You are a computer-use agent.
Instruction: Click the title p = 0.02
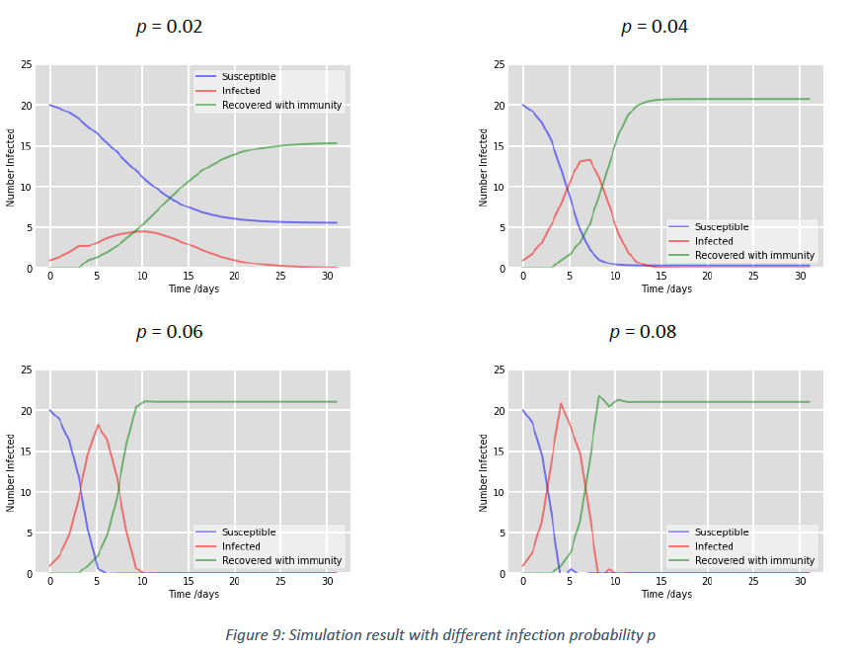tap(169, 27)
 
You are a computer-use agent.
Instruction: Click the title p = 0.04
tap(654, 27)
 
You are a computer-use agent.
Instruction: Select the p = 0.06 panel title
tap(169, 332)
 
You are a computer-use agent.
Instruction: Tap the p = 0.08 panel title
tap(642, 332)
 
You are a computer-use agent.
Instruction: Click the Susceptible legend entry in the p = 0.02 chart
tap(249, 76)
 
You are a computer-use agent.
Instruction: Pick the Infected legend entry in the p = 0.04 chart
tap(714, 241)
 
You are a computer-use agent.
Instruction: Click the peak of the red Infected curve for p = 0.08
tap(561, 403)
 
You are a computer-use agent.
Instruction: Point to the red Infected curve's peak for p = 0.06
tap(98, 425)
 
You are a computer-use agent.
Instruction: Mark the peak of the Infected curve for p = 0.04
tap(588, 159)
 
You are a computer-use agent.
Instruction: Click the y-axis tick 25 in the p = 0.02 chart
tap(27, 65)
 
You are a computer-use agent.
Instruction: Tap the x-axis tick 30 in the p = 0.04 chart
tap(800, 278)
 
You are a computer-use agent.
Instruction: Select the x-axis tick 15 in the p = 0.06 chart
tap(189, 583)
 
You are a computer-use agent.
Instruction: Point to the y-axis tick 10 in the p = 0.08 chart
tap(500, 492)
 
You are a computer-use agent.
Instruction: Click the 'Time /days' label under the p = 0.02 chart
tap(194, 289)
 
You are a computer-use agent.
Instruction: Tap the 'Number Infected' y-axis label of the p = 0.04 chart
tap(484, 167)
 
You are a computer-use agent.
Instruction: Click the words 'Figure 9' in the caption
tap(260, 635)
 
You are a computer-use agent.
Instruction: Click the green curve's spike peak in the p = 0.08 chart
tap(599, 396)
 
